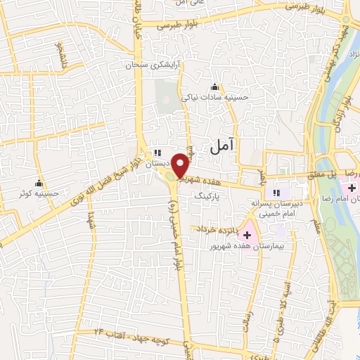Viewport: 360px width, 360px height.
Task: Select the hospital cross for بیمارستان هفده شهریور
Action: point(247,234)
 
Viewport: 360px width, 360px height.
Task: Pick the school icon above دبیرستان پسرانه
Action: point(277,193)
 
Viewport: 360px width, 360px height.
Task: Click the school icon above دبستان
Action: point(159,152)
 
